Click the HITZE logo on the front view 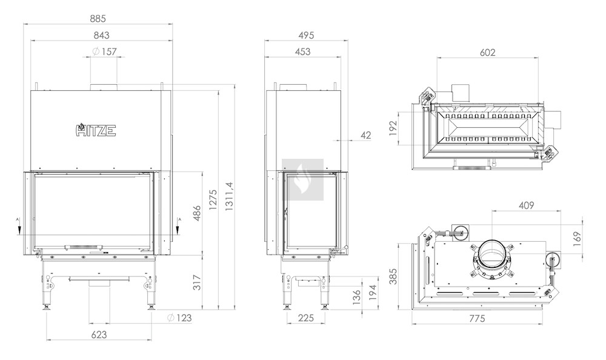click(x=96, y=130)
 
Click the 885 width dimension click(x=98, y=19)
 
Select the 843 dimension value click(x=102, y=35)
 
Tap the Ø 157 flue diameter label click(x=104, y=52)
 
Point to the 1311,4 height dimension click(x=230, y=196)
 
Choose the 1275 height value click(x=213, y=199)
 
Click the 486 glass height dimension click(x=197, y=213)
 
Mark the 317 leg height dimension click(x=197, y=282)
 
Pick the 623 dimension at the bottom click(x=99, y=335)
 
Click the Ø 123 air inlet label click(x=179, y=318)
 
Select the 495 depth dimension click(x=306, y=35)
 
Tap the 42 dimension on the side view click(x=365, y=135)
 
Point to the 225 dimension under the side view click(x=306, y=318)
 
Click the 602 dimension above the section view click(x=487, y=52)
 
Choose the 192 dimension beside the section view click(x=393, y=128)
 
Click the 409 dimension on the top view click(x=526, y=205)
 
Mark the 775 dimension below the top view click(x=477, y=319)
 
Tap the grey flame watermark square click(x=302, y=180)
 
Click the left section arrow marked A click(x=18, y=227)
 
